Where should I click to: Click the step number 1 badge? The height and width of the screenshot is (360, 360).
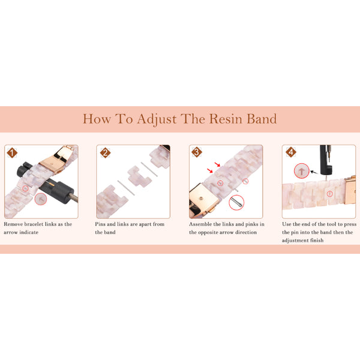pyautogui.click(x=11, y=152)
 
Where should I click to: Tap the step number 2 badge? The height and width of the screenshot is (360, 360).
pyautogui.click(x=105, y=152)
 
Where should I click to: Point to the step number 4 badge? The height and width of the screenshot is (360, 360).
pyautogui.click(x=291, y=152)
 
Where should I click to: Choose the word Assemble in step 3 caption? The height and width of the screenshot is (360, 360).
pyautogui.click(x=202, y=224)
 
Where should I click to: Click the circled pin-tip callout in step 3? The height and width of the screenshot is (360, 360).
pyautogui.click(x=236, y=203)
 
